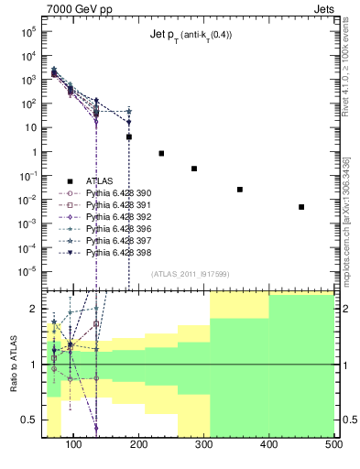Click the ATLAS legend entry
pyautogui.click(x=101, y=180)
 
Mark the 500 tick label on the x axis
pyautogui.click(x=333, y=446)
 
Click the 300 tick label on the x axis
pyautogui.click(x=203, y=446)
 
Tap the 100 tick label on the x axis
pyautogui.click(x=74, y=446)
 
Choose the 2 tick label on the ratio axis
pyautogui.click(x=36, y=309)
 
